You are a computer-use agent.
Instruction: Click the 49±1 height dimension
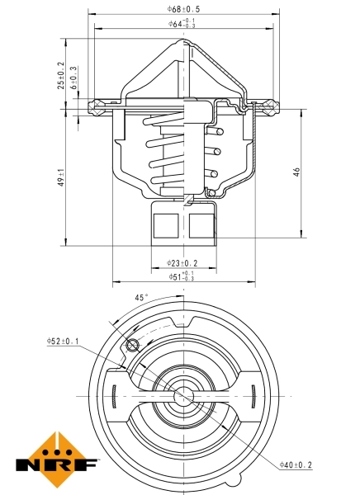click(60, 177)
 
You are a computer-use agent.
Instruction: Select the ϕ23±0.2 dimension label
click(182, 263)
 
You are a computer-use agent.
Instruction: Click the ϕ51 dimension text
click(182, 276)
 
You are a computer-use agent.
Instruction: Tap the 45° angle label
click(141, 298)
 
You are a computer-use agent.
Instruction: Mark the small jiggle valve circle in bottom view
click(131, 345)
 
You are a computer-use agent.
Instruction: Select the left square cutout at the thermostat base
click(167, 224)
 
